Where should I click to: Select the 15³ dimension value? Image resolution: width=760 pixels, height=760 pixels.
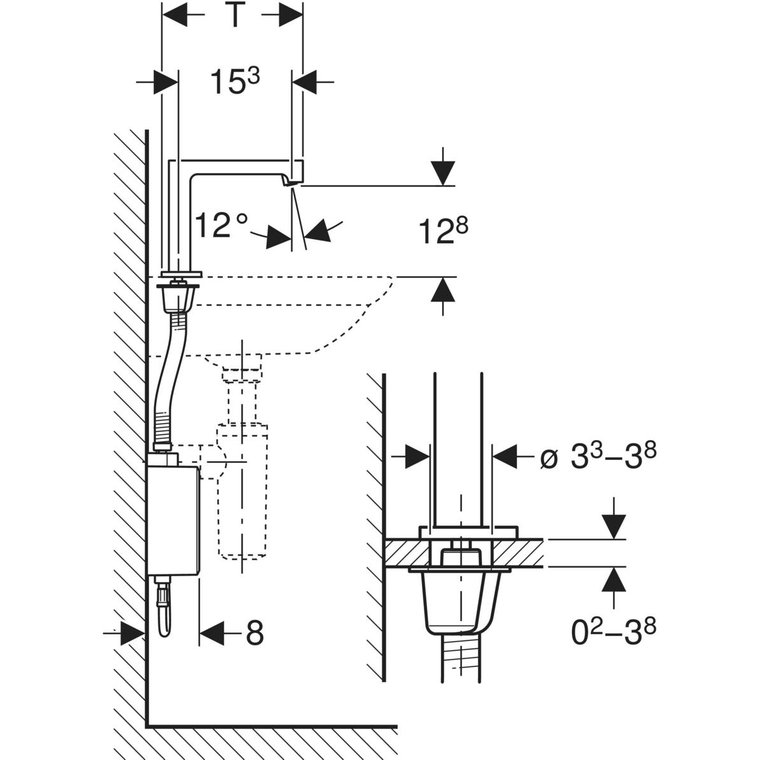tap(235, 82)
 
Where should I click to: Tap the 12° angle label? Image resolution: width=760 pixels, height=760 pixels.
tap(221, 226)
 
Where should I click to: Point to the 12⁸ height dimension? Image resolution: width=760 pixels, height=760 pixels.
tap(443, 231)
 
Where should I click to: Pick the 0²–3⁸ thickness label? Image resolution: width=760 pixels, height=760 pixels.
tap(614, 631)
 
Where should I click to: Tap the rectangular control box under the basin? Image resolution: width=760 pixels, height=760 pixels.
tap(173, 521)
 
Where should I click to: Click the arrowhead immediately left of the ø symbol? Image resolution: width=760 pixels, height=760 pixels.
tap(505, 456)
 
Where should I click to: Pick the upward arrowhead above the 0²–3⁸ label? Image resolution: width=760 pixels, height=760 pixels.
tap(612, 579)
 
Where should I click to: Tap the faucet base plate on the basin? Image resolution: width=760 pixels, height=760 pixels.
tap(182, 274)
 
